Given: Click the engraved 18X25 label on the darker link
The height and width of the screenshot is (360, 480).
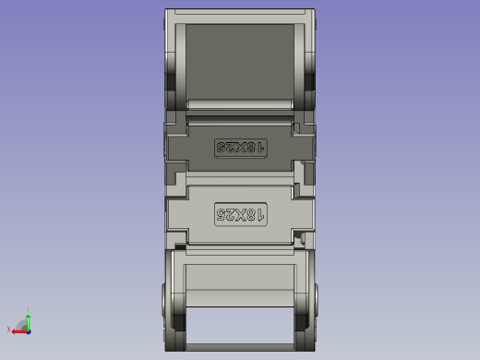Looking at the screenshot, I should coord(240,147).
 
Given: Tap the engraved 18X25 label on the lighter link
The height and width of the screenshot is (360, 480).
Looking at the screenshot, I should coord(240,215).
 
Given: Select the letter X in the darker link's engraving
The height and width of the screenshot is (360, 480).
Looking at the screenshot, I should coord(240,147).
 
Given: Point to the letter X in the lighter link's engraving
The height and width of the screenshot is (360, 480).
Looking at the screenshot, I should coord(240,215).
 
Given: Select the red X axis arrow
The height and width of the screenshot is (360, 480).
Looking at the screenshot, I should coord(18,330).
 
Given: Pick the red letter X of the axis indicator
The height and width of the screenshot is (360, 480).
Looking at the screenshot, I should coord(9,330).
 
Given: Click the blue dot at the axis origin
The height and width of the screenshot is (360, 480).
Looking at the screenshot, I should coord(28,330).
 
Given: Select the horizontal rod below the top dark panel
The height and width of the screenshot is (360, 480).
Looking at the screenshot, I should coord(240,103).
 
